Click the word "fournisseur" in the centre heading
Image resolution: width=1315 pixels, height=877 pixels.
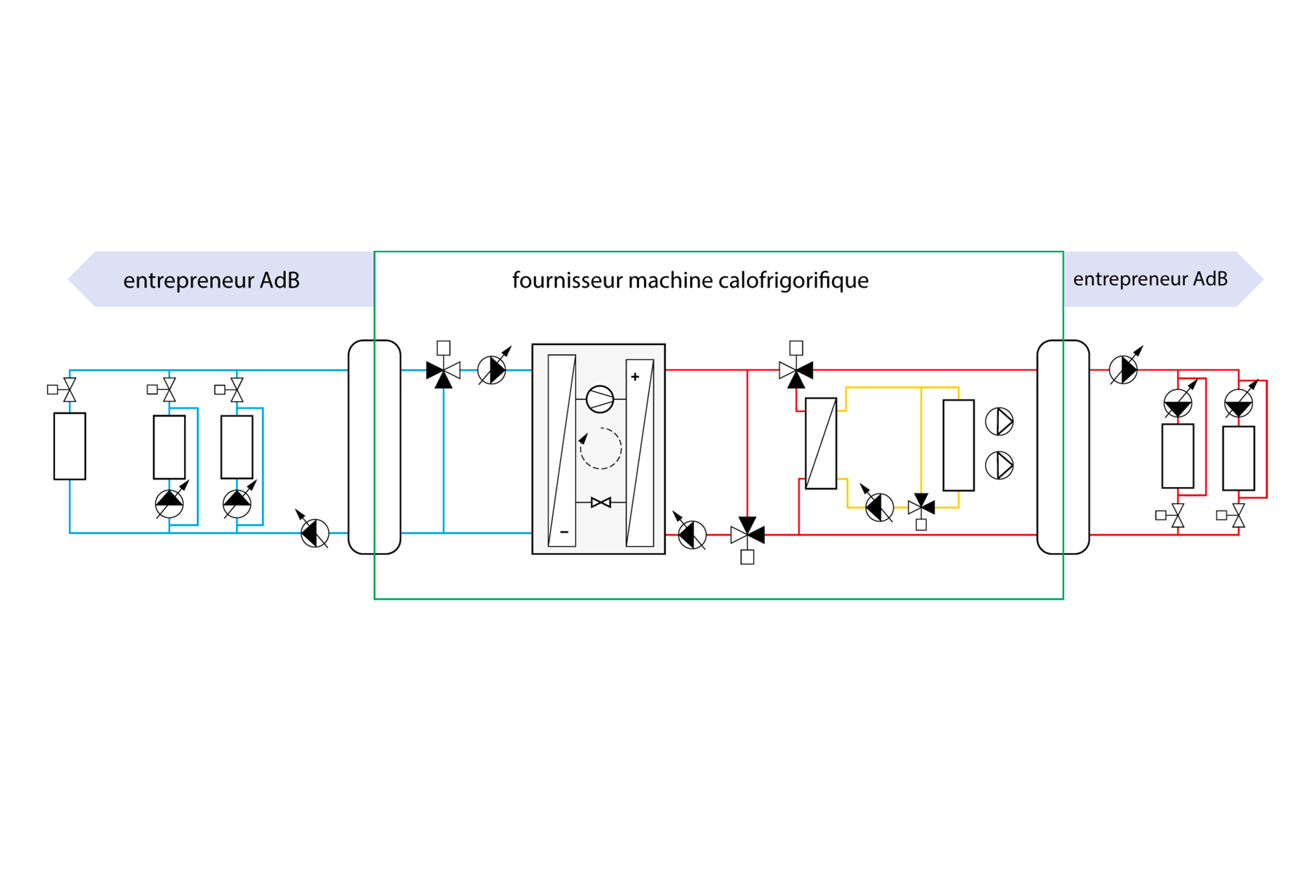tap(568, 280)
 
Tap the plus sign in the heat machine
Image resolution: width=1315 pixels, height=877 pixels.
tap(635, 377)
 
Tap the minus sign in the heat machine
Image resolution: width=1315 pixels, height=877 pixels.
tap(564, 532)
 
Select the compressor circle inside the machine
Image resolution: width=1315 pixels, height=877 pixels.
tap(600, 399)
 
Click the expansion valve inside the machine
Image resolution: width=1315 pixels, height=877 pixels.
tap(600, 502)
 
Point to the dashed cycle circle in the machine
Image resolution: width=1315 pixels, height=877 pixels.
tap(601, 448)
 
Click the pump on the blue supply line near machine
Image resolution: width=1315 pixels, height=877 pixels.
tap(491, 370)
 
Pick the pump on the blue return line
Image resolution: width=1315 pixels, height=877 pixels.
tap(315, 533)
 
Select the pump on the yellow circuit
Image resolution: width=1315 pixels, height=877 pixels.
tap(879, 507)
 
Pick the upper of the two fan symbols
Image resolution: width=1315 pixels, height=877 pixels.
tap(999, 422)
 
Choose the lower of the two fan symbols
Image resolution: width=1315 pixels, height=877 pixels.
tap(999, 465)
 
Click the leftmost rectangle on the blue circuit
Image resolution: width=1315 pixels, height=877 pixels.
tap(70, 446)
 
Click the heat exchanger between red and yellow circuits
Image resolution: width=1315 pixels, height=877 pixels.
tap(821, 444)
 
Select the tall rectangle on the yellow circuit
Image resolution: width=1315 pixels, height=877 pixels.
tap(958, 445)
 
